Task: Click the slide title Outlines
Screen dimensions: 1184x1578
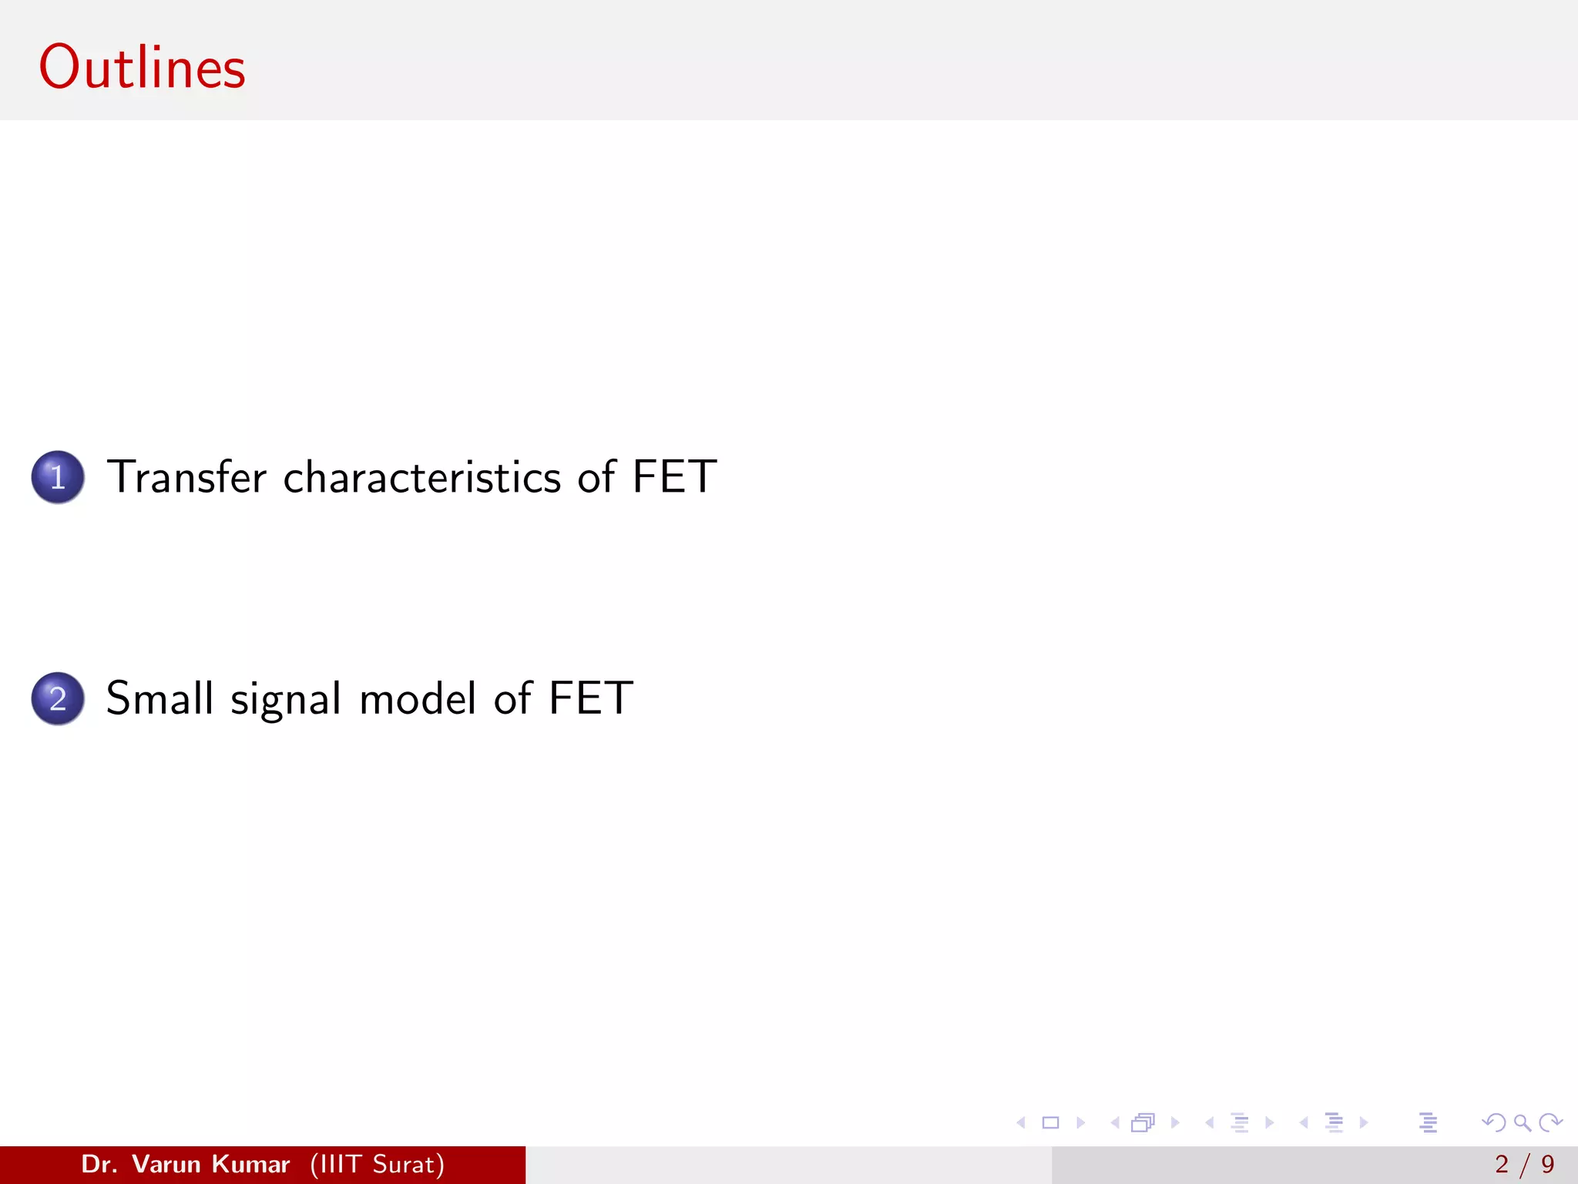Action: pos(143,68)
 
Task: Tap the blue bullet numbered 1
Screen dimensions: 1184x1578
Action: pos(58,477)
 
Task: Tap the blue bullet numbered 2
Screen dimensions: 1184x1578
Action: pos(58,698)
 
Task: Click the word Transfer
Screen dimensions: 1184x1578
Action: pos(186,477)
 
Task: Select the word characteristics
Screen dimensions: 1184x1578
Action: pos(422,477)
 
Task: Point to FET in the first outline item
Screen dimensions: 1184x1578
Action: pos(674,477)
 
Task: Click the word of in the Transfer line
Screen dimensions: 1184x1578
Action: pos(596,477)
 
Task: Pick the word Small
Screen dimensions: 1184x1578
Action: pos(159,698)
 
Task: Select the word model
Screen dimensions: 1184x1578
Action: pos(418,698)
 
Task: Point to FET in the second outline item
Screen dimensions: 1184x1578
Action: pos(591,698)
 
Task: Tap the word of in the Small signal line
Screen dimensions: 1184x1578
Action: pos(512,698)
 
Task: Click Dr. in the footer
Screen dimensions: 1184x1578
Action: pos(99,1164)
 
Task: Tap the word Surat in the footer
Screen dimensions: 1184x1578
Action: pos(404,1164)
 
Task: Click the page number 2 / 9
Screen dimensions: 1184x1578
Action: pos(1524,1164)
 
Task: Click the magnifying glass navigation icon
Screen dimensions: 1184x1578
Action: pos(1522,1122)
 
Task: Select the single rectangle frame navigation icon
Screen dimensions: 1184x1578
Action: pos(1050,1122)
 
